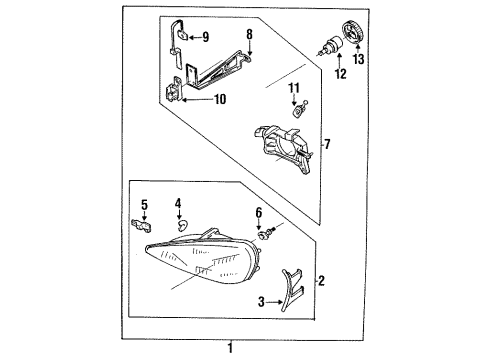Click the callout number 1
(230, 348)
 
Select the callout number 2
(321, 281)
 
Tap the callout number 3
(262, 302)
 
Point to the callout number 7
(327, 144)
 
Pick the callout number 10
(220, 99)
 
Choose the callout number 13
(359, 59)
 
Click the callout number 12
(341, 74)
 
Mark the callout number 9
(206, 37)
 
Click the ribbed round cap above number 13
(353, 32)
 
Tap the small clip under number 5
(142, 225)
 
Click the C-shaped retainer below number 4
(183, 225)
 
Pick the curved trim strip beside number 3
(289, 288)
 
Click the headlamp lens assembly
(203, 258)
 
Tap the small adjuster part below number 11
(299, 109)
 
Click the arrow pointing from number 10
(197, 99)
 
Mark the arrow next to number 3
(275, 302)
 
